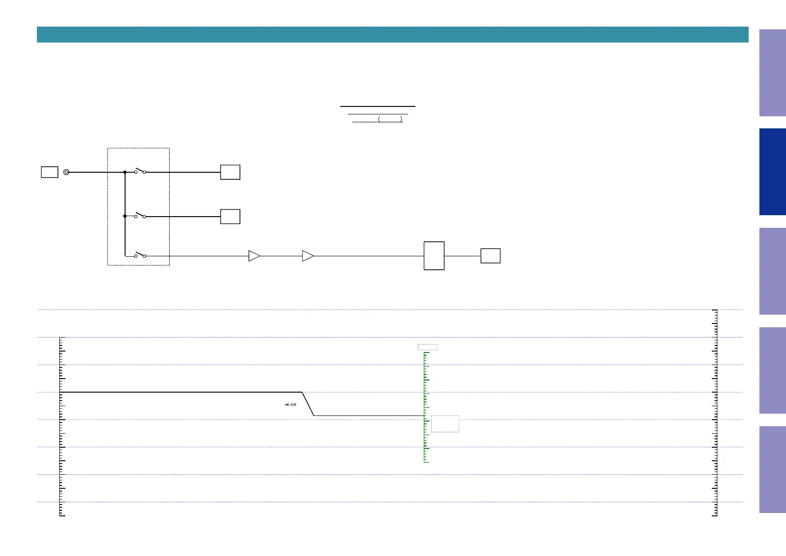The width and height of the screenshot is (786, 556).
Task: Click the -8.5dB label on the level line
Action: point(291,405)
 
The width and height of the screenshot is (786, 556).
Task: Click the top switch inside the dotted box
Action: point(140,171)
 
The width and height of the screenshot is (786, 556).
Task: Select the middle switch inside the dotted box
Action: point(140,216)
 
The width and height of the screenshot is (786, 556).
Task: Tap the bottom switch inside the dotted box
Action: point(140,255)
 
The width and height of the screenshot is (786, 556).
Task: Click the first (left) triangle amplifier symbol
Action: point(254,256)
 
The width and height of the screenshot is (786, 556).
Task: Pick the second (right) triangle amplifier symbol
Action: point(308,256)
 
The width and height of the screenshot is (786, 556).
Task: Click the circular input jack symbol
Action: point(66,172)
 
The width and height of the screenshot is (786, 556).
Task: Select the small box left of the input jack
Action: point(49,172)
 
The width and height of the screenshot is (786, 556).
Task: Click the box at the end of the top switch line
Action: point(230,172)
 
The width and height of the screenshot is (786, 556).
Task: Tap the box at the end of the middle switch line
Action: point(230,217)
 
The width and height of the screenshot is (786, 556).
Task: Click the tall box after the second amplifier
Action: point(434,256)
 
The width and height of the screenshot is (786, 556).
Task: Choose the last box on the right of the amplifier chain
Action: point(491,256)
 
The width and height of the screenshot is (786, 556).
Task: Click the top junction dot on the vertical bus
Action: point(125,172)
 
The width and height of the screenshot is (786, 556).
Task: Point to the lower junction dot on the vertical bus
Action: point(125,216)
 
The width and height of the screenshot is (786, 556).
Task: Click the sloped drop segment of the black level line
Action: point(308,404)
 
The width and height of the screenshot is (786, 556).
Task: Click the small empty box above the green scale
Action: point(428,347)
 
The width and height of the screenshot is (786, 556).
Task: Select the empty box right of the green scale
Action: point(445,424)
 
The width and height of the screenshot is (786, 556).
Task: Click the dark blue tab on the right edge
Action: point(772,172)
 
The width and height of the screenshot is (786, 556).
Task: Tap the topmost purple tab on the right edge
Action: point(772,73)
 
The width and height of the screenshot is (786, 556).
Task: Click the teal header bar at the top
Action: point(393,35)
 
